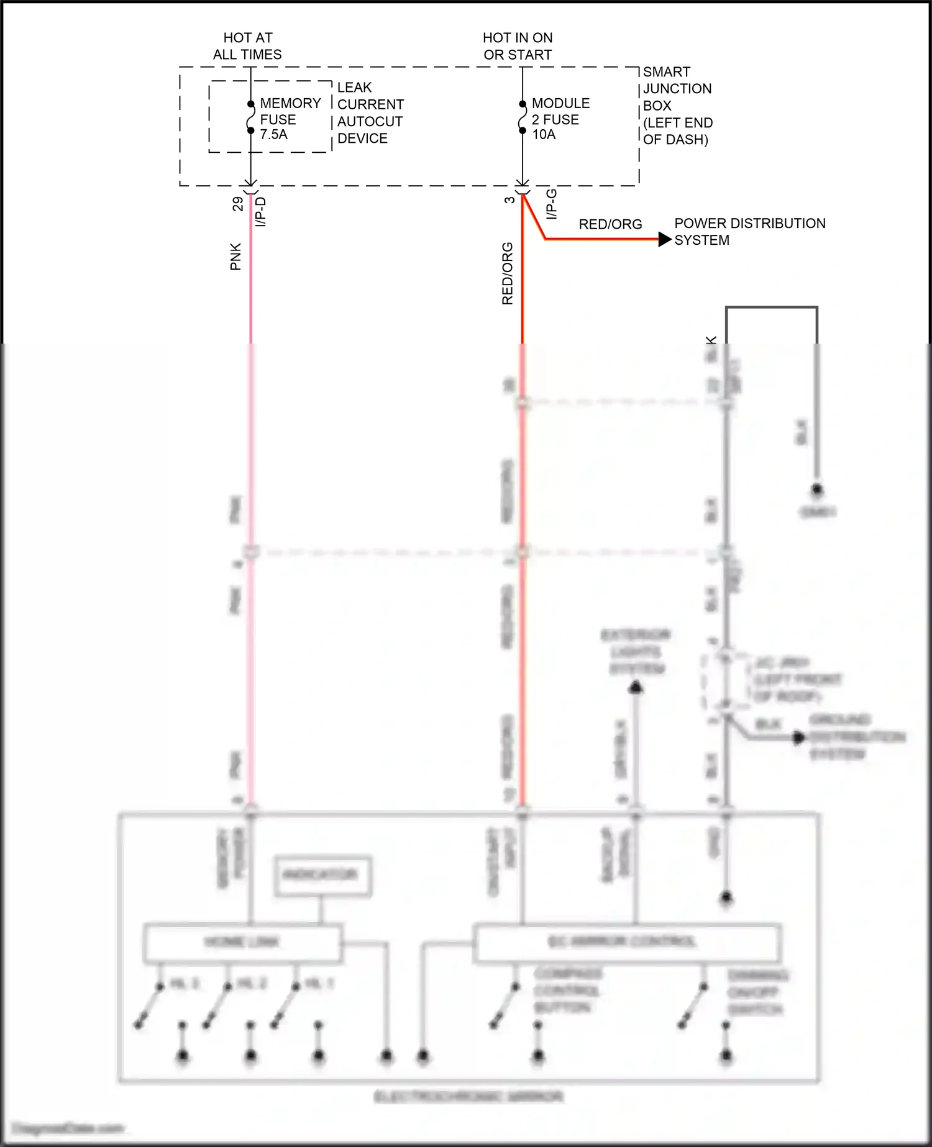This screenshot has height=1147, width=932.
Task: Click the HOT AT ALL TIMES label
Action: tap(247, 47)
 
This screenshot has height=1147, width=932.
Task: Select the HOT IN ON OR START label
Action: tap(518, 47)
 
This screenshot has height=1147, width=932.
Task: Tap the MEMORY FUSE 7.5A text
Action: tap(290, 119)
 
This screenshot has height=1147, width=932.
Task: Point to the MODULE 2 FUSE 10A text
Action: tap(560, 119)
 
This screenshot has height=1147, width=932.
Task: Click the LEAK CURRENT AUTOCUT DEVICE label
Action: tap(370, 113)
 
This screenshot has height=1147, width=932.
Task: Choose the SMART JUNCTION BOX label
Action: tap(677, 106)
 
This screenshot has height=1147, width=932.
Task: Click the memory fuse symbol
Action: tap(251, 117)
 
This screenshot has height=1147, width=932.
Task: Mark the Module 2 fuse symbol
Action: tap(523, 117)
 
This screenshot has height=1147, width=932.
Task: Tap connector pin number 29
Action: tap(238, 204)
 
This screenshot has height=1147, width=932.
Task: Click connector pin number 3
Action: tap(509, 200)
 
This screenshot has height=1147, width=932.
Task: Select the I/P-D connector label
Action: tap(261, 211)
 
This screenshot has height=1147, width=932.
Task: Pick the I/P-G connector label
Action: tap(551, 204)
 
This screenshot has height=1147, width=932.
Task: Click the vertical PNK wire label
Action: tap(235, 257)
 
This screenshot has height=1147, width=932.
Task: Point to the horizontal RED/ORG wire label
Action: tap(610, 224)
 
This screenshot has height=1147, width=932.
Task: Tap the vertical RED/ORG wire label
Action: tap(508, 273)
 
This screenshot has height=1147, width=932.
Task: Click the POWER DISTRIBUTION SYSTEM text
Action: tap(749, 232)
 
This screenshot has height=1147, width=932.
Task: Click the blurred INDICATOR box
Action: tap(323, 875)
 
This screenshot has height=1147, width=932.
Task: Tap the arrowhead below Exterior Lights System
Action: tap(636, 687)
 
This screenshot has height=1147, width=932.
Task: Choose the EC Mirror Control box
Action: tap(626, 942)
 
